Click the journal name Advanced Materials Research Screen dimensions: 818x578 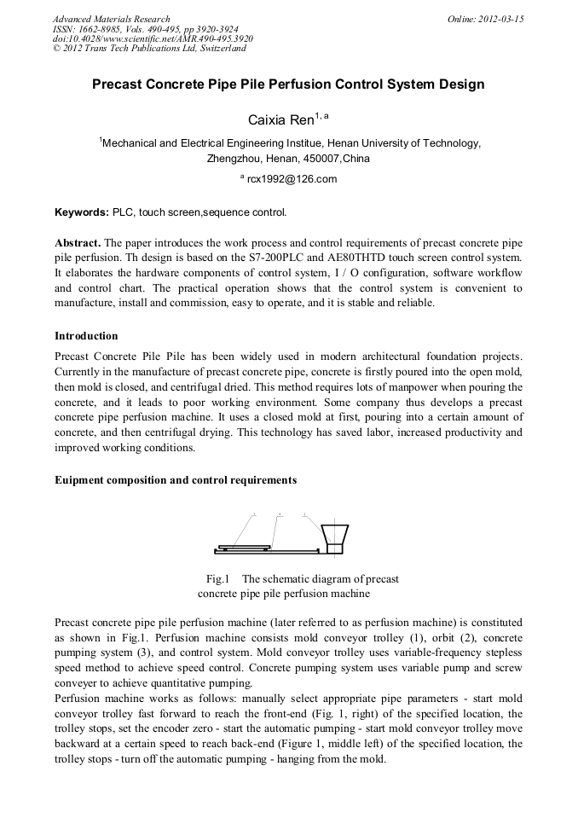pyautogui.click(x=111, y=19)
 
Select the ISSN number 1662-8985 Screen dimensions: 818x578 pyautogui.click(x=99, y=29)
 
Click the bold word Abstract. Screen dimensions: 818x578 pyautogui.click(x=78, y=242)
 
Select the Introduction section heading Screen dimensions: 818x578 pyautogui.click(x=86, y=336)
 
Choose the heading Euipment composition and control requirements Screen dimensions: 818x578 pyautogui.click(x=176, y=480)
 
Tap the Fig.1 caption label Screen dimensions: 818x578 pyautogui.click(x=218, y=579)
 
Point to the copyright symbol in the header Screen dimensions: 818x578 pyautogui.click(x=56, y=49)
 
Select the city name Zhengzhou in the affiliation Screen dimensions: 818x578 pyautogui.click(x=234, y=159)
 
